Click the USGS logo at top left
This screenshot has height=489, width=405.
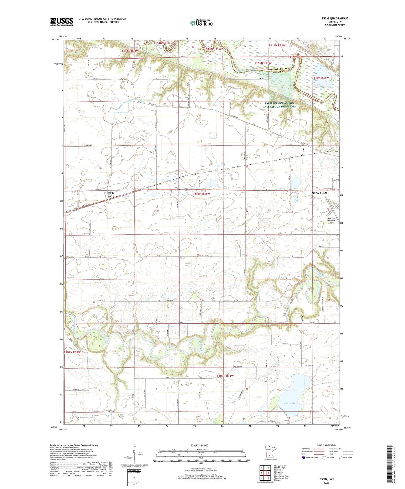click(62, 22)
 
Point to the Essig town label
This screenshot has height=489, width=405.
click(110, 193)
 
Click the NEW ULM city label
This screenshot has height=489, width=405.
click(319, 193)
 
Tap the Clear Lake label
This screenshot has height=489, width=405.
click(289, 403)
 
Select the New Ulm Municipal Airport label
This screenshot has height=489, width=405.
click(331, 220)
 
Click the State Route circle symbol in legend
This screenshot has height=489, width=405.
click(341, 458)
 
